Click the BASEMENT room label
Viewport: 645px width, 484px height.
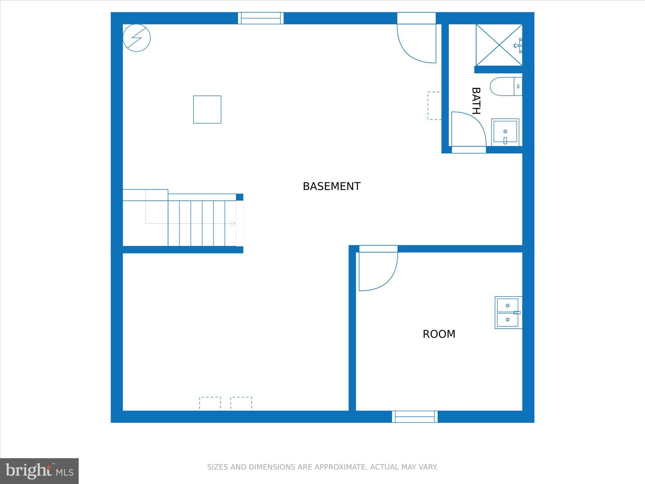pos(332,186)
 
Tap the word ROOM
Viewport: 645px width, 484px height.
pos(439,334)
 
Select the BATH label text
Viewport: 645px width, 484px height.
pos(476,101)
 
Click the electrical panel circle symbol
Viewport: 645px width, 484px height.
pos(137,38)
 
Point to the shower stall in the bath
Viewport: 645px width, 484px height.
pos(499,45)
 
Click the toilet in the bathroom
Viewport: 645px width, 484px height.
pos(506,86)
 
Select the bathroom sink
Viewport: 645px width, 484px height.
pos(505,132)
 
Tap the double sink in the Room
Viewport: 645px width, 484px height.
pos(508,312)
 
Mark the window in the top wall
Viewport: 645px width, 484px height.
pos(261,18)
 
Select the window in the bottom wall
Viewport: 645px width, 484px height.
pos(415,417)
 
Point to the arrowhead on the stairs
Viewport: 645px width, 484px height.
pos(233,223)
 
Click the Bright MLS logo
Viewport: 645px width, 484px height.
pos(39,471)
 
